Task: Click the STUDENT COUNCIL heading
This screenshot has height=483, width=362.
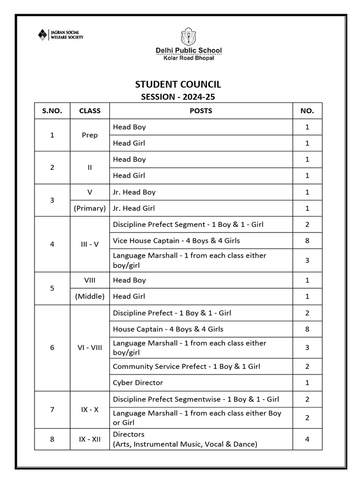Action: [178, 84]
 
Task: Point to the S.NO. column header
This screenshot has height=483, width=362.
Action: [52, 111]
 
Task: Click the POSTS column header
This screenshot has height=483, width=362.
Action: [201, 111]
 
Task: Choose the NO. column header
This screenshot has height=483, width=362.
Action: [307, 111]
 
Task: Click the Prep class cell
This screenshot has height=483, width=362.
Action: [90, 135]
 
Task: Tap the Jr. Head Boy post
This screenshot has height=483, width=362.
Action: [134, 192]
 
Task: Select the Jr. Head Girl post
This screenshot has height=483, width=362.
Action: [134, 208]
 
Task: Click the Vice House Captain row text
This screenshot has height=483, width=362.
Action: [176, 241]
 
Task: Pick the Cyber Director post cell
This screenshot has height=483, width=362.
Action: [138, 383]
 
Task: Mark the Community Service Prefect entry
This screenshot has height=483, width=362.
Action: [187, 366]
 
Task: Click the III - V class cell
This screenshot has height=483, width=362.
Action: [90, 244]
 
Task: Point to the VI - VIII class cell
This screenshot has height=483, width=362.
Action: [90, 348]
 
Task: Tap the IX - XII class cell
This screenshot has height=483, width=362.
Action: [90, 439]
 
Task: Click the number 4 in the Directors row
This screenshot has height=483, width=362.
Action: [307, 439]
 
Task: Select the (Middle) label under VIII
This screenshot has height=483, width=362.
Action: [90, 296]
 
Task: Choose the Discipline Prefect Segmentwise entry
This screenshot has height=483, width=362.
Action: [196, 399]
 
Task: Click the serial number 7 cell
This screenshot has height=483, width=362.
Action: [52, 409]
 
